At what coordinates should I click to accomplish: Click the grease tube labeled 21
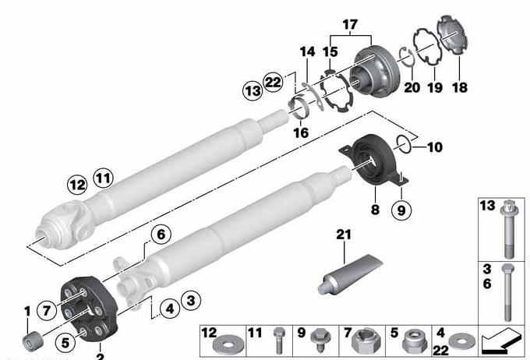(x=350, y=274)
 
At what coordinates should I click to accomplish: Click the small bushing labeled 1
(x=33, y=342)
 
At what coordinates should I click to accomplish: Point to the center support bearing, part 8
(x=373, y=160)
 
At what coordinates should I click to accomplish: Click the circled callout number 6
(x=161, y=235)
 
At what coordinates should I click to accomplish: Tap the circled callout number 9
(x=401, y=210)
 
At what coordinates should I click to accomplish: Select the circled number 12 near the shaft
(x=77, y=185)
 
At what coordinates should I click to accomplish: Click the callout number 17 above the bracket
(x=350, y=25)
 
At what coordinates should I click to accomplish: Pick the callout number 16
(x=301, y=132)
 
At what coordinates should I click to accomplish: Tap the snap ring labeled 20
(x=406, y=58)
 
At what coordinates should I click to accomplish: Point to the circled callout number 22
(x=273, y=82)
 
